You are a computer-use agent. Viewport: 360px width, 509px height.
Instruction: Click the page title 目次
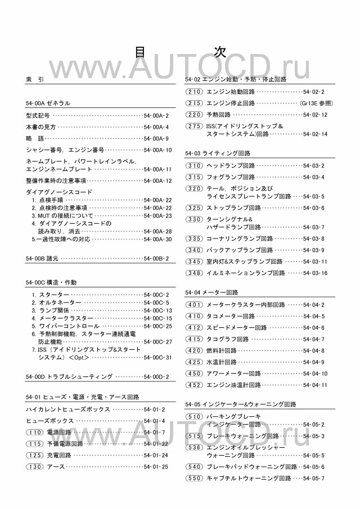pos(180,52)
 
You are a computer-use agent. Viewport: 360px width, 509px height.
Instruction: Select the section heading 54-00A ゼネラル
pos(48,103)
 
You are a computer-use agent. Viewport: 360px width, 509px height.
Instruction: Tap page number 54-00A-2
pos(157,115)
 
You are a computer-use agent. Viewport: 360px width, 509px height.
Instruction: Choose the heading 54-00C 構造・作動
pos(51,282)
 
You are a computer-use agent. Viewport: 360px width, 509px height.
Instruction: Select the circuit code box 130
pos(34,466)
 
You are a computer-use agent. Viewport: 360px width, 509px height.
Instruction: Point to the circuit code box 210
pos(194,91)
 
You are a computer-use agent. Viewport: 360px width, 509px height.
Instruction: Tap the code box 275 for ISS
pos(194,126)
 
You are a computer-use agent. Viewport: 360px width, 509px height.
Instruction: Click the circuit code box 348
pos(194,273)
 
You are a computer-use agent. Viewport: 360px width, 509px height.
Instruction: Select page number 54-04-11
pos(315,385)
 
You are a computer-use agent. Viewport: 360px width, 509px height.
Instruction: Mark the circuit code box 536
pos(194,447)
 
